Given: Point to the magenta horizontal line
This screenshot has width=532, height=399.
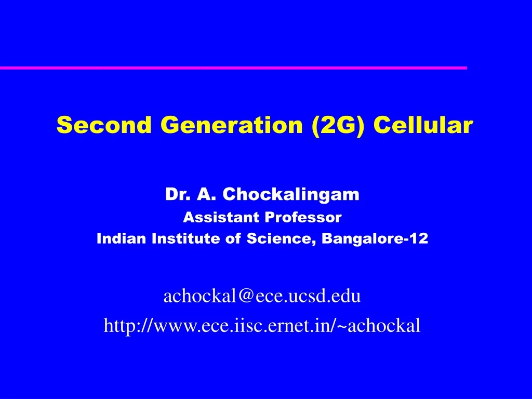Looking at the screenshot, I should tap(234, 68).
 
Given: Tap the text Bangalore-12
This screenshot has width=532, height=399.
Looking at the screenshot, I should tap(375, 238).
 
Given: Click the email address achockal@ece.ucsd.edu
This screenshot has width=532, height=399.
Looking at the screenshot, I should tap(262, 296).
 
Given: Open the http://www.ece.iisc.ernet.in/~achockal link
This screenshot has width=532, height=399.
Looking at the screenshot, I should tap(262, 325).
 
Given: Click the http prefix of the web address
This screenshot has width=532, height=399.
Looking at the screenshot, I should tap(118, 325).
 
